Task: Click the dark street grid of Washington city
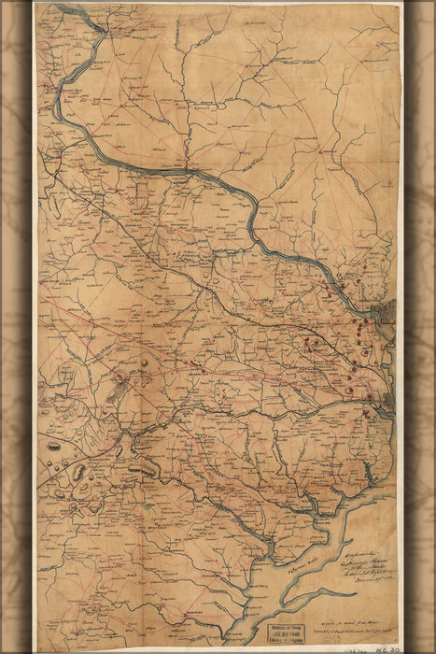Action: pos(383,309)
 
